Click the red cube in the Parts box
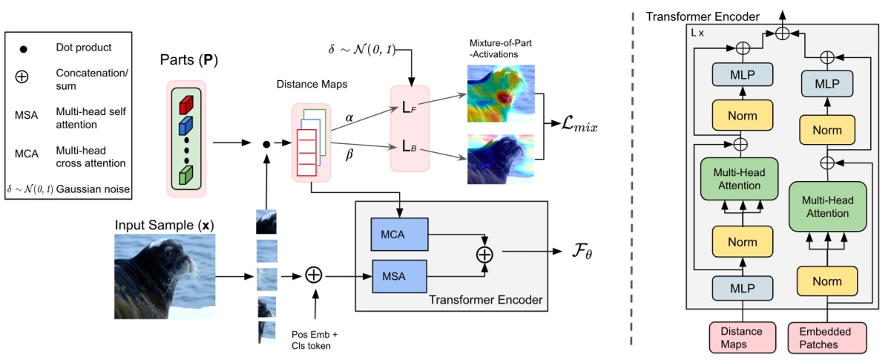(x=186, y=99)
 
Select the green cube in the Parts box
(x=186, y=174)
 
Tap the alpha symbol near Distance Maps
(x=350, y=117)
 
